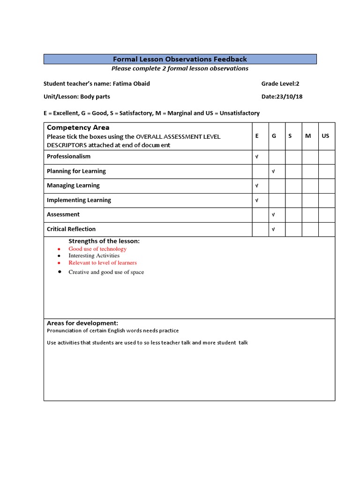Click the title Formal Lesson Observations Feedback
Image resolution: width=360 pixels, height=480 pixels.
click(180, 59)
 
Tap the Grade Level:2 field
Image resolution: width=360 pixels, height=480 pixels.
click(280, 84)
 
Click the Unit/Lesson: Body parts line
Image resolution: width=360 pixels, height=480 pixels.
click(77, 97)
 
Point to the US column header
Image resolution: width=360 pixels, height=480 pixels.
click(326, 136)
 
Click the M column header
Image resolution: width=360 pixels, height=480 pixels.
click(308, 136)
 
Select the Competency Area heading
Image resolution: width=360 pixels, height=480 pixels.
click(78, 127)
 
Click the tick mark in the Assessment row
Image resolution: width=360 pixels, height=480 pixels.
click(273, 215)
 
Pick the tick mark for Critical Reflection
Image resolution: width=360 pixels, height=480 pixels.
click(273, 229)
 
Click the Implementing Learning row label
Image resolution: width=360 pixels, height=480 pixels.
click(79, 200)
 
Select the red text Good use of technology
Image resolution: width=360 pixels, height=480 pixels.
click(97, 249)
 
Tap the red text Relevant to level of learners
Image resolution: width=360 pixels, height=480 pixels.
click(103, 263)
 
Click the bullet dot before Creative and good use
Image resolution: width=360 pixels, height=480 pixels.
click(59, 272)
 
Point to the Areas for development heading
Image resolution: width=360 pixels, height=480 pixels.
click(82, 323)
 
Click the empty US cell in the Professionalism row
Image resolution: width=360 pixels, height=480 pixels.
click(327, 157)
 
